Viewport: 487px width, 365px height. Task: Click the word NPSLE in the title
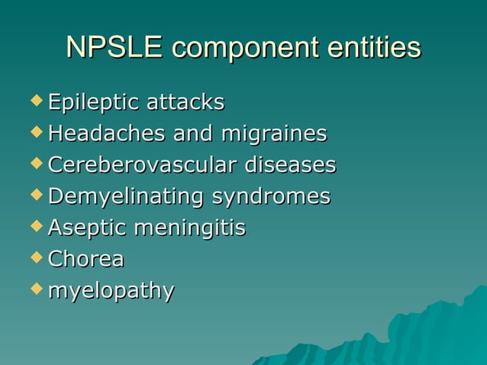click(x=114, y=48)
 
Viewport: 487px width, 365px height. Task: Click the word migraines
click(x=273, y=134)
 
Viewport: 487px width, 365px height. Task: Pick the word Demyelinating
click(x=125, y=197)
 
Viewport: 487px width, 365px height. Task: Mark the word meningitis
click(x=189, y=228)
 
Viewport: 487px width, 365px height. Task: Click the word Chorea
click(x=85, y=260)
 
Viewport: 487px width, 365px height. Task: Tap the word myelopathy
click(x=111, y=292)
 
